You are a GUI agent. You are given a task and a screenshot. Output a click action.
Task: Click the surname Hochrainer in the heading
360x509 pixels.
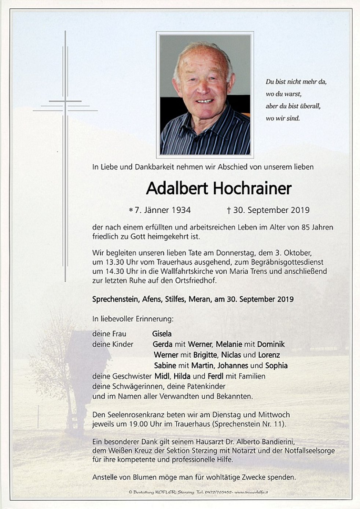coord(251,188)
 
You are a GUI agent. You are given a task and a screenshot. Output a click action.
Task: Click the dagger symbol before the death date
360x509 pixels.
coord(228,210)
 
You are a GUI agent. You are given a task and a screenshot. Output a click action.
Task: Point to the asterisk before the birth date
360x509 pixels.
coord(131,210)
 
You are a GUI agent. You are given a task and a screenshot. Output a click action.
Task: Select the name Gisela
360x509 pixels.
coord(162,334)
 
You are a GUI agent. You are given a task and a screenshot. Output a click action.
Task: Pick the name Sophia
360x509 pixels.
coord(276,366)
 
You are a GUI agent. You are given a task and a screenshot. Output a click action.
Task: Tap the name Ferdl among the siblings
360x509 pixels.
coord(215,376)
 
